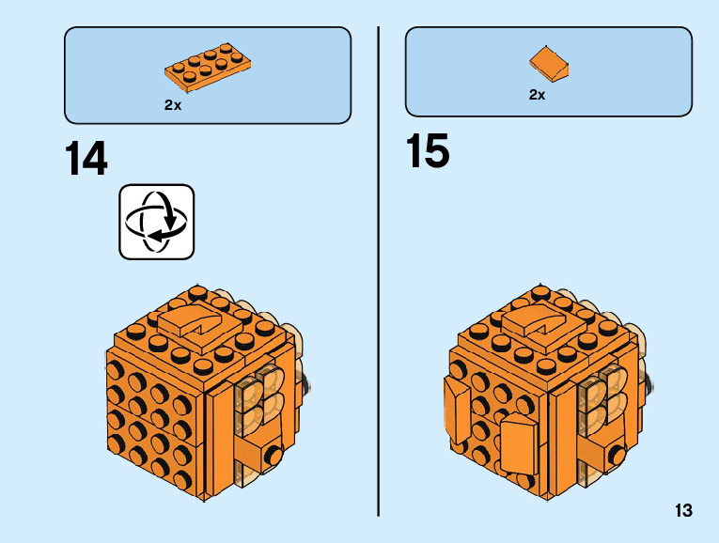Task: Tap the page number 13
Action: pyautogui.click(x=682, y=511)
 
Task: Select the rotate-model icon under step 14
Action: pyautogui.click(x=156, y=222)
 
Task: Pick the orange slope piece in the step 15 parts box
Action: pyautogui.click(x=548, y=64)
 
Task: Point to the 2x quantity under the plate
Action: pyautogui.click(x=172, y=105)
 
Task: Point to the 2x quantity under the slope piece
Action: pyautogui.click(x=537, y=94)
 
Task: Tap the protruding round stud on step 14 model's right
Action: pyautogui.click(x=273, y=456)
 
